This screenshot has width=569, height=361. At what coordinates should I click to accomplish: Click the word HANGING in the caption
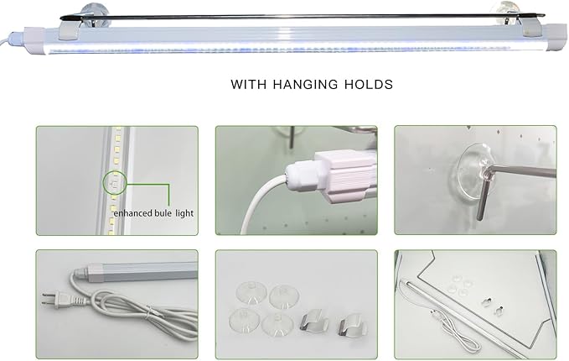pyautogui.click(x=305, y=84)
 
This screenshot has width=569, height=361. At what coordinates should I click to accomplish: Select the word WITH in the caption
pyautogui.click(x=249, y=84)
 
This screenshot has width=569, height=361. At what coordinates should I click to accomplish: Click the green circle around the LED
pyautogui.click(x=115, y=183)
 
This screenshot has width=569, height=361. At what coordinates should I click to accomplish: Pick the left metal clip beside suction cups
pyautogui.click(x=314, y=322)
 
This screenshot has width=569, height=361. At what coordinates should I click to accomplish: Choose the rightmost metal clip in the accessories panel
pyautogui.click(x=352, y=326)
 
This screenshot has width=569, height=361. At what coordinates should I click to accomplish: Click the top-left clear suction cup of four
pyautogui.click(x=251, y=292)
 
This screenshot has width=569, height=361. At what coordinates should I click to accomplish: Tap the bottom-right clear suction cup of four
pyautogui.click(x=277, y=324)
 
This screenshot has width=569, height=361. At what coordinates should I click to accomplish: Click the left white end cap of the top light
pyautogui.click(x=34, y=40)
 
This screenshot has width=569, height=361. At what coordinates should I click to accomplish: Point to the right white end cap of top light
pyautogui.click(x=556, y=38)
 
